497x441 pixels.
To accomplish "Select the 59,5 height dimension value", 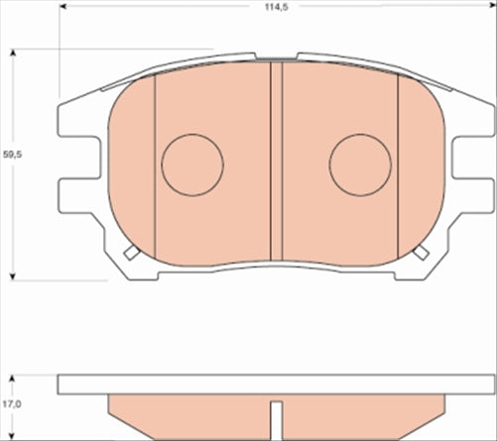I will click(11, 156).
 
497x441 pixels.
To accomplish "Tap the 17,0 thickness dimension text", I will click(11, 403).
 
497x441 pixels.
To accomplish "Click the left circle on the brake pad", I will click(192, 165).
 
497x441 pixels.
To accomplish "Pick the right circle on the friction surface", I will click(360, 165).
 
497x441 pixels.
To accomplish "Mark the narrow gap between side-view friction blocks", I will click(277, 414).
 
